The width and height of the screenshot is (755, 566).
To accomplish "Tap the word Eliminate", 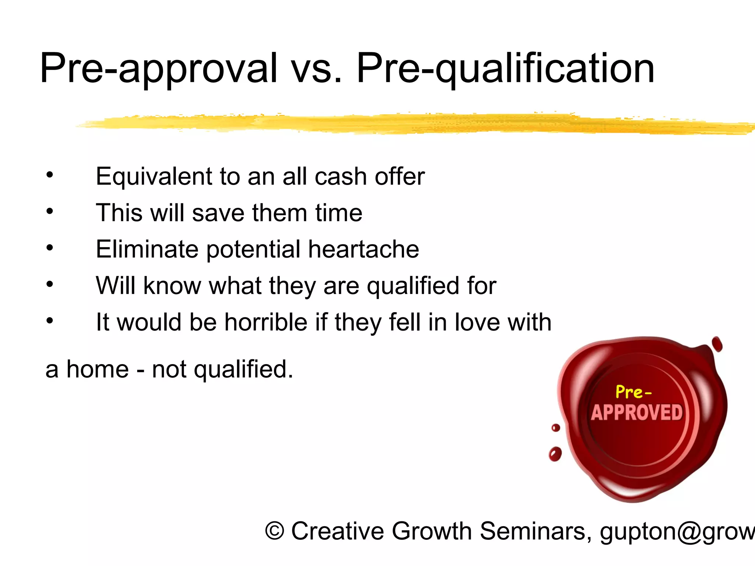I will [x=147, y=249].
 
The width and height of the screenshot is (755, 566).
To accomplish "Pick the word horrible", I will [x=266, y=322].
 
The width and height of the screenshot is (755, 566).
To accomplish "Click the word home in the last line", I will [x=98, y=369].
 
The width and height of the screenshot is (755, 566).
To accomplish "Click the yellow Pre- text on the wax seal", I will [x=633, y=392].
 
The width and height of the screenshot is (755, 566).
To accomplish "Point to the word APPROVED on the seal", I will [x=637, y=412].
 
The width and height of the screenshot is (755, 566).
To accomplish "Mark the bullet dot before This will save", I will [x=50, y=212].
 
